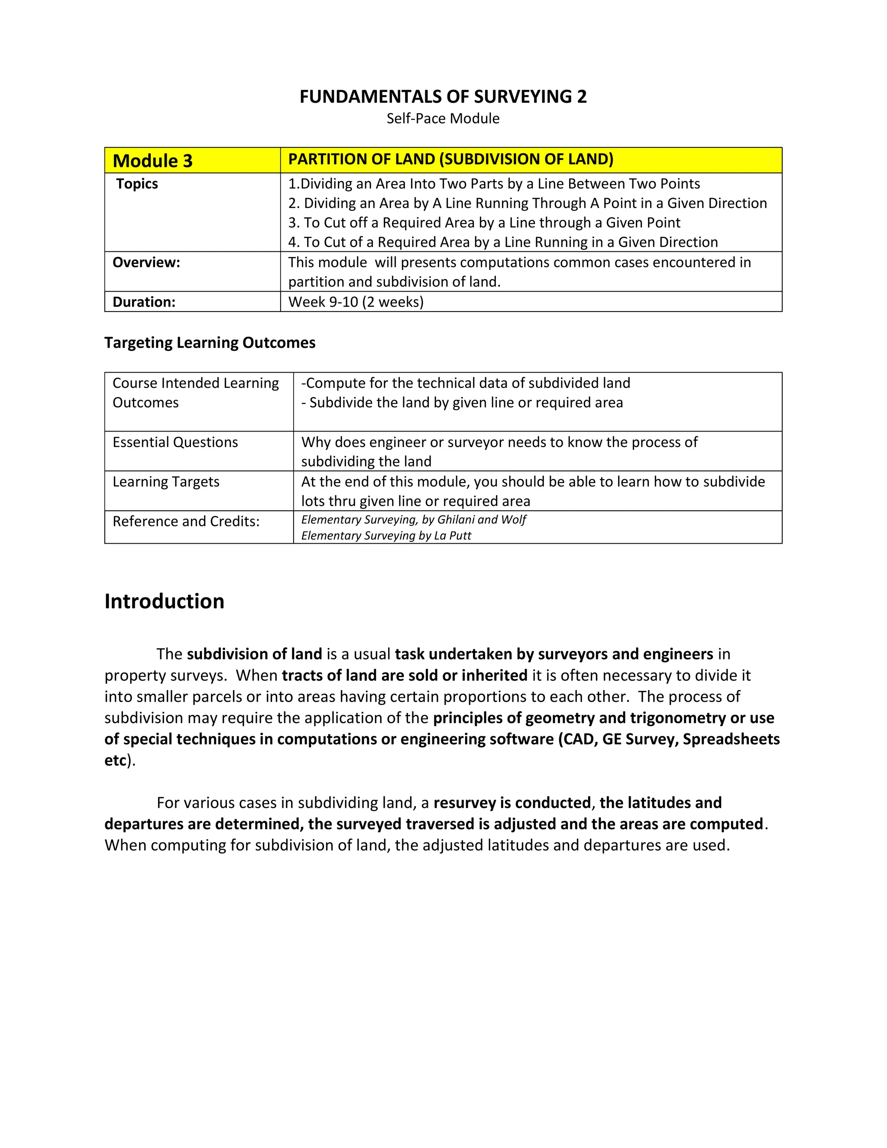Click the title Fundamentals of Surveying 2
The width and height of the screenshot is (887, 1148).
[x=443, y=97]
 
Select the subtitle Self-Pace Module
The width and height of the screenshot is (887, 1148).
[x=443, y=119]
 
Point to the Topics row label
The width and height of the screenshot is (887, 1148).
[x=137, y=184]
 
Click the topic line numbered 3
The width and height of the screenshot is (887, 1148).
[x=484, y=223]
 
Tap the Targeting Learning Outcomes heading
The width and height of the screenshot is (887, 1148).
[x=210, y=343]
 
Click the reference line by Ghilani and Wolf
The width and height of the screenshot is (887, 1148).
[x=414, y=520]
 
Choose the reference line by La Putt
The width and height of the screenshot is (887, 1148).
[x=386, y=535]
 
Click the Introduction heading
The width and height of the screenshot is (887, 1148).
[x=165, y=601]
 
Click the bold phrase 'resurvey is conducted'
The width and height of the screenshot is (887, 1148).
[x=512, y=803]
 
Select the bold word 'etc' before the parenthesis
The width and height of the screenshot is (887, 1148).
[x=116, y=761]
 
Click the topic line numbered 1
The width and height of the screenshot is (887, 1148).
[x=494, y=184]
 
